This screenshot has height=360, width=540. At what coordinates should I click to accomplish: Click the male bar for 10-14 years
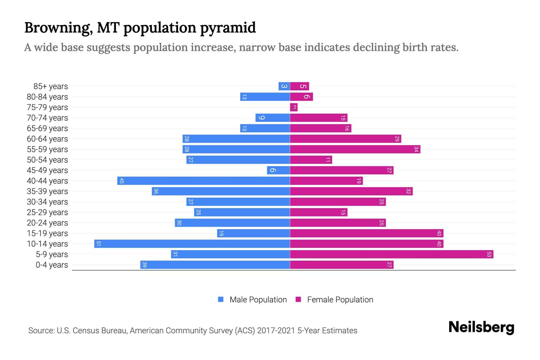point(192,244)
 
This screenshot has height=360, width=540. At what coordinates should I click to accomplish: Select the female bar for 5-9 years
point(391,254)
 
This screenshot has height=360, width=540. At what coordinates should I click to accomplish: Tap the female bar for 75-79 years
point(294,107)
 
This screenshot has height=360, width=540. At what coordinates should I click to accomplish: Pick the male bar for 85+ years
point(284,86)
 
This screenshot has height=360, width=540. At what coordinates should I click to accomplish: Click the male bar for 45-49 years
point(278,170)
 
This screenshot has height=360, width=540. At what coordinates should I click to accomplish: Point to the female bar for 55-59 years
point(355,149)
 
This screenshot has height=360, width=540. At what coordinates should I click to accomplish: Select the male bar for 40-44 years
point(203,181)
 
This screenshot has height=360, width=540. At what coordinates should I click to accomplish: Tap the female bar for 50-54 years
point(311,160)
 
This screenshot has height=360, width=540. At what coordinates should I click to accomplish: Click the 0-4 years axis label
point(52,265)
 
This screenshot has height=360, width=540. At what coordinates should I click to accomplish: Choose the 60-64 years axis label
point(47,139)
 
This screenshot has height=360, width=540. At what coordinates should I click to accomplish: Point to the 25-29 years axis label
point(47,212)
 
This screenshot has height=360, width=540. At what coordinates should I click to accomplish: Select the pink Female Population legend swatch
point(298,299)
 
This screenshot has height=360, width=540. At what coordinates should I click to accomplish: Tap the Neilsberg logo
point(481,327)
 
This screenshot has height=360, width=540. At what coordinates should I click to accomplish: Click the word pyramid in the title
point(228,28)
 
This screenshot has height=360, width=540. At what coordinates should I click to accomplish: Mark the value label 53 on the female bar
point(489,254)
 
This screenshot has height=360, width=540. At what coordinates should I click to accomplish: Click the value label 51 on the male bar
point(98,244)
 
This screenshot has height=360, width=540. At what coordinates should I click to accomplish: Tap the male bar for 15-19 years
point(253,233)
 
